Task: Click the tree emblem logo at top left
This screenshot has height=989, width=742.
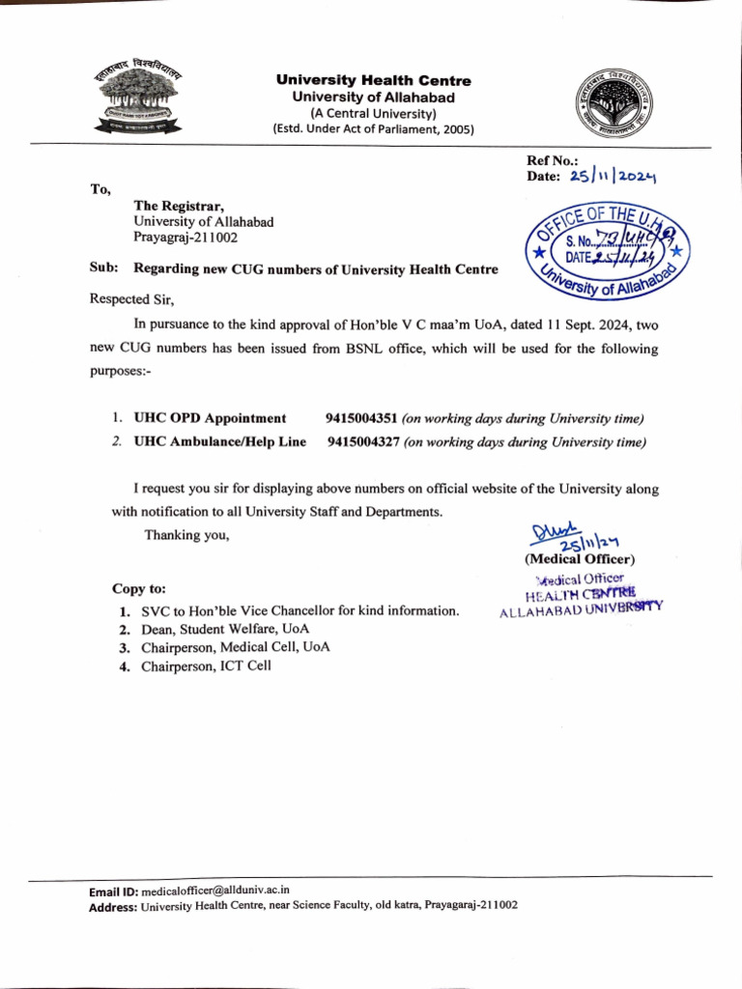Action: [x=141, y=100]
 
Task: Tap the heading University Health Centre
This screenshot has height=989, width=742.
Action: [x=374, y=80]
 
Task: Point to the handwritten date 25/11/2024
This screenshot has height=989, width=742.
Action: [x=613, y=177]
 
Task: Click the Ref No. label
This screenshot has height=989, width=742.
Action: [x=552, y=160]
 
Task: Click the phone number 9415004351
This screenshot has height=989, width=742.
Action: [x=362, y=418]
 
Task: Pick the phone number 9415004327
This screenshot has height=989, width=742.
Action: [x=363, y=441]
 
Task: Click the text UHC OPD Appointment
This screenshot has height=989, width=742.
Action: [x=210, y=418]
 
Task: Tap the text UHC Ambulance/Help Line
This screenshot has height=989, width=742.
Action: [x=219, y=441]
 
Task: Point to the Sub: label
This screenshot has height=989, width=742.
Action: [x=103, y=268]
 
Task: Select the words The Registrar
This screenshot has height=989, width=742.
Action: [x=179, y=206]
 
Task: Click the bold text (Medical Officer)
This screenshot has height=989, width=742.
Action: [x=580, y=559]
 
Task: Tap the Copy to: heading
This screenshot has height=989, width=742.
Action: [x=139, y=587]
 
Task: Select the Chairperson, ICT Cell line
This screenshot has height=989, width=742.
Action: [x=206, y=665]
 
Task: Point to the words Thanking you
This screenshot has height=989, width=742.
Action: [x=186, y=534]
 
